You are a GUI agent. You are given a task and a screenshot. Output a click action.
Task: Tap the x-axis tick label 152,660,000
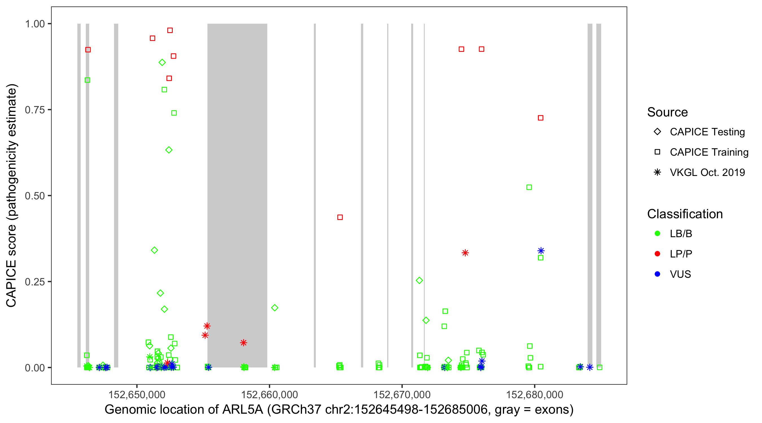coord(269,395)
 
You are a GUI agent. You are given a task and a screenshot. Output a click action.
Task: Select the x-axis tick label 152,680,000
coord(535,395)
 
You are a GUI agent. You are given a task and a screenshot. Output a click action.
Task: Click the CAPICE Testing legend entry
coord(707,132)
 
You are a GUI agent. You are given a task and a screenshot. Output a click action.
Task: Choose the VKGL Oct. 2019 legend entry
coord(707,172)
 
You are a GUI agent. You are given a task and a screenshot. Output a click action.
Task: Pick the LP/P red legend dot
coord(658,254)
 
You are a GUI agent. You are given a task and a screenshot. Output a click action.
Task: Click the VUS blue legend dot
coord(658,274)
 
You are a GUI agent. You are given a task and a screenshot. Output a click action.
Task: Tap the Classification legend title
coord(685,214)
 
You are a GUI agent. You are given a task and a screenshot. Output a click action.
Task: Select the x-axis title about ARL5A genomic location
coord(339,410)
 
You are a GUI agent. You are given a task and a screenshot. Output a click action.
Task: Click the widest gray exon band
coord(237,177)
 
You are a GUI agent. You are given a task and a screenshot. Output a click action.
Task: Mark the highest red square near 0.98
coord(170,30)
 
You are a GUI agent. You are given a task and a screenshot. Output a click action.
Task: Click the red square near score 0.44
coord(340,217)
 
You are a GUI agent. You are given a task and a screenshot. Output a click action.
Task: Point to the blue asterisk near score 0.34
coord(541,251)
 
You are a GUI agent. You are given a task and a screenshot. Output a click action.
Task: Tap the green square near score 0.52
coord(529,187)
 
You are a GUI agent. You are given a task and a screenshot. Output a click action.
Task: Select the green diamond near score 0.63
coord(169,150)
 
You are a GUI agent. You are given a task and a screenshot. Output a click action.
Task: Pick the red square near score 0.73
coord(540,118)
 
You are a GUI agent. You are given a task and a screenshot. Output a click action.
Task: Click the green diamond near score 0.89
coord(162,62)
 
